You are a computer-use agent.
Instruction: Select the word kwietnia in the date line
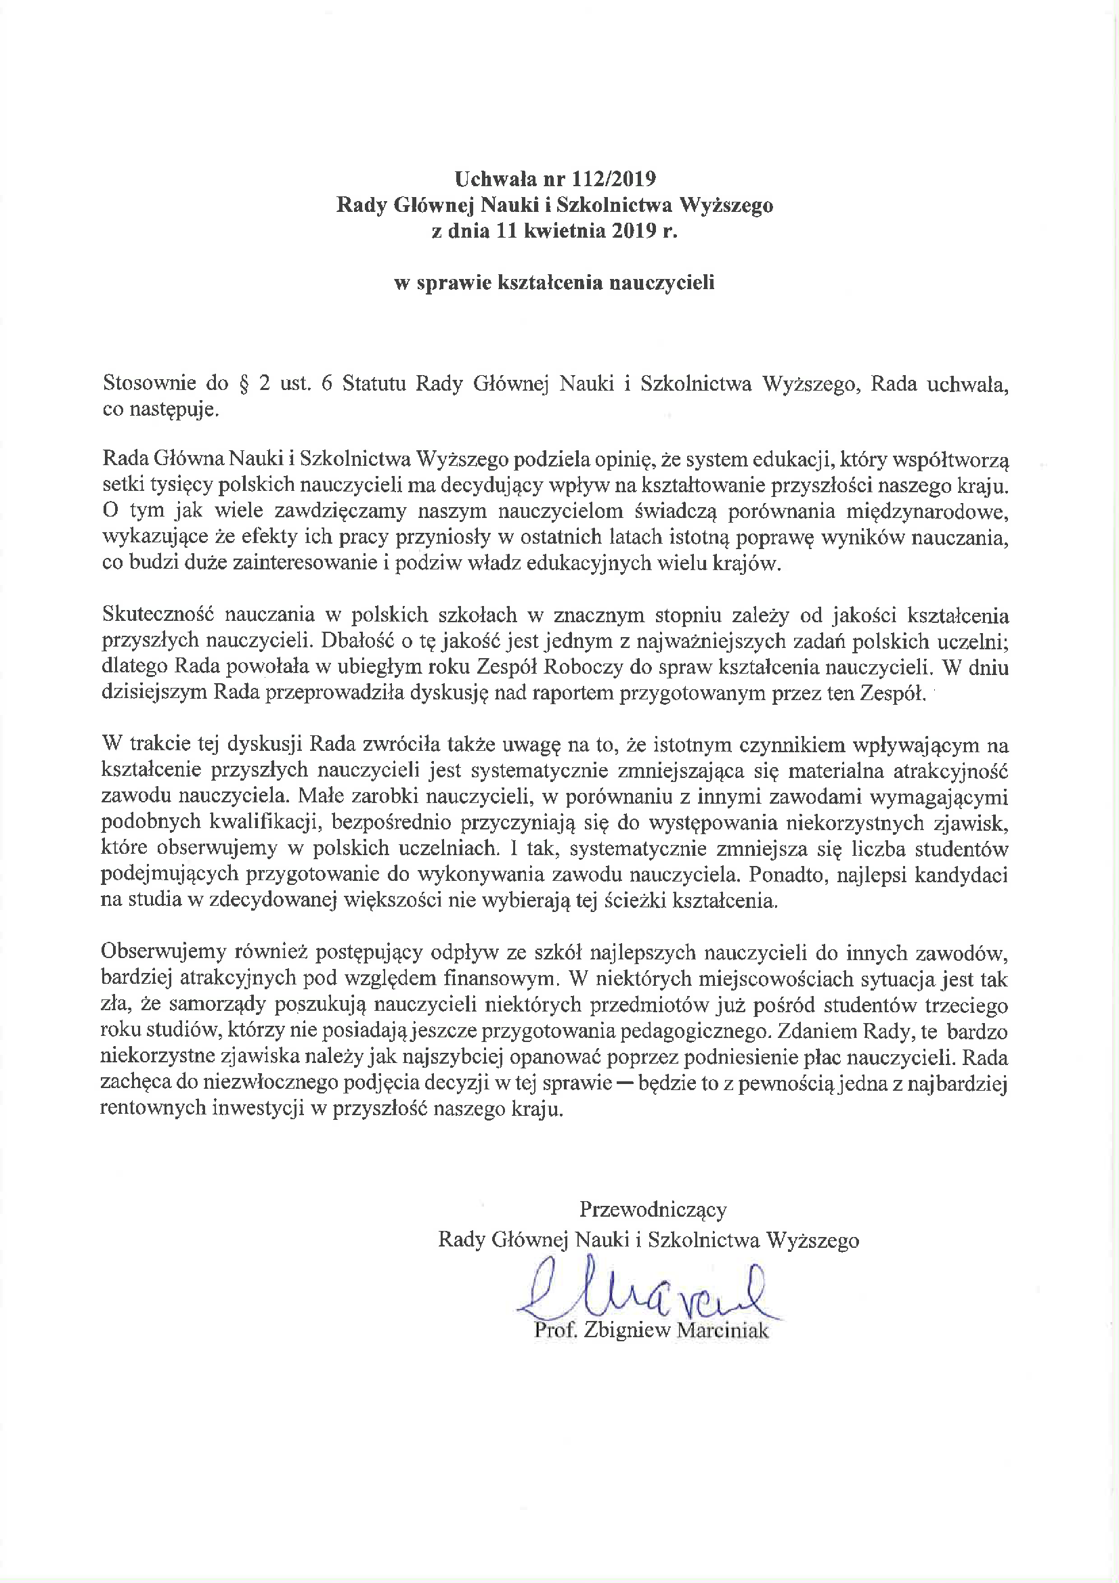(569, 231)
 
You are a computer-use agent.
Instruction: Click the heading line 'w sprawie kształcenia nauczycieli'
(554, 283)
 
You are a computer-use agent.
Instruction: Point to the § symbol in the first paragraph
(243, 384)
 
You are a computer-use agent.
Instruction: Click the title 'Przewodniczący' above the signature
(652, 1209)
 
